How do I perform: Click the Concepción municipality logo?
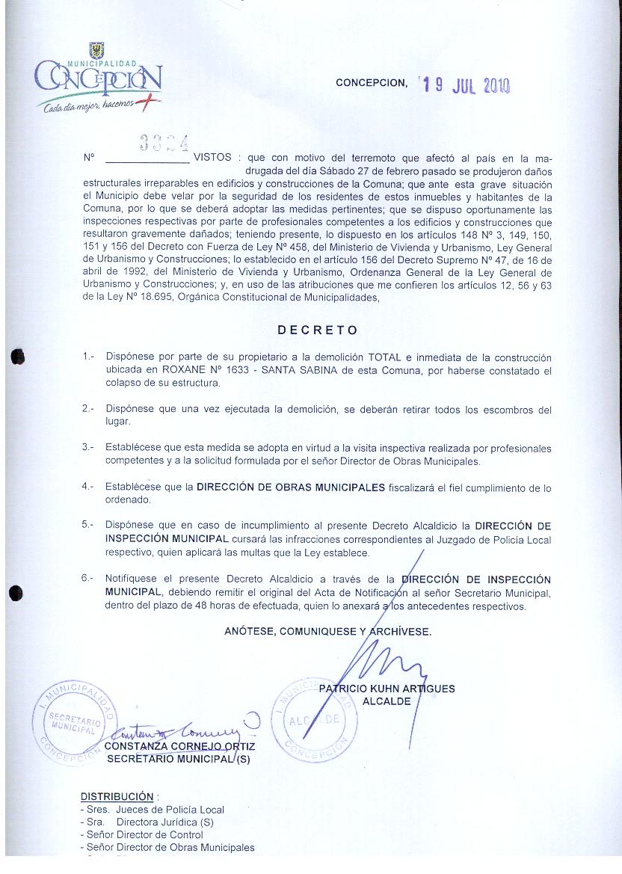97,80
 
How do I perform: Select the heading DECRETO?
318,330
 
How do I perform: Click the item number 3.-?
88,448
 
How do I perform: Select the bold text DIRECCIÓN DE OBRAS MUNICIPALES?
291,487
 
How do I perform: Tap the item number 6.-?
88,578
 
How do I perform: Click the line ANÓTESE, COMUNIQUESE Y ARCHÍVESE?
327,632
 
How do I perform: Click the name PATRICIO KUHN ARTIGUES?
387,689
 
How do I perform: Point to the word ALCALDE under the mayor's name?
387,701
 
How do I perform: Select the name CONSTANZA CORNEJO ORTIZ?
179,746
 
